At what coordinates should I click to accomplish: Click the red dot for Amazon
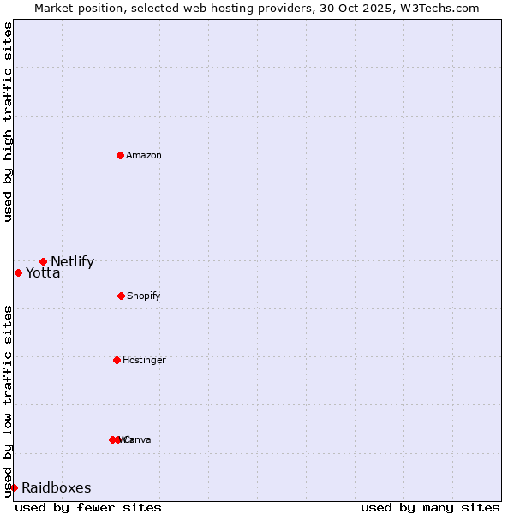coord(120,155)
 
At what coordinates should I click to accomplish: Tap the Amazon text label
coord(144,155)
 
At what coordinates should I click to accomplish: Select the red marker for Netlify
coord(43,261)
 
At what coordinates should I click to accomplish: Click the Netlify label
coord(72,262)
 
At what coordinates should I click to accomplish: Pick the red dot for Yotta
coord(18,272)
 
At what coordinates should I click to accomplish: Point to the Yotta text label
coord(43,273)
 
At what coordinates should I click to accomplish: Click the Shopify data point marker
coord(121,296)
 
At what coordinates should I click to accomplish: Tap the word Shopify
coord(144,296)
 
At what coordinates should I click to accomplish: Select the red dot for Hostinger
coord(117,360)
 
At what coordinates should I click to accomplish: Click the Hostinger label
coord(144,361)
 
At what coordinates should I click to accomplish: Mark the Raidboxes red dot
coord(14,487)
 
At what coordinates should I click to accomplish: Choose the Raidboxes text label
coord(57,488)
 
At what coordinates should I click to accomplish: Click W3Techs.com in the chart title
coord(442,9)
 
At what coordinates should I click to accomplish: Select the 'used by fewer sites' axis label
coord(88,507)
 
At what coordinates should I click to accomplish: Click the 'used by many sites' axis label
coord(430,507)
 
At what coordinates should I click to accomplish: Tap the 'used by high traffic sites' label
coord(8,122)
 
